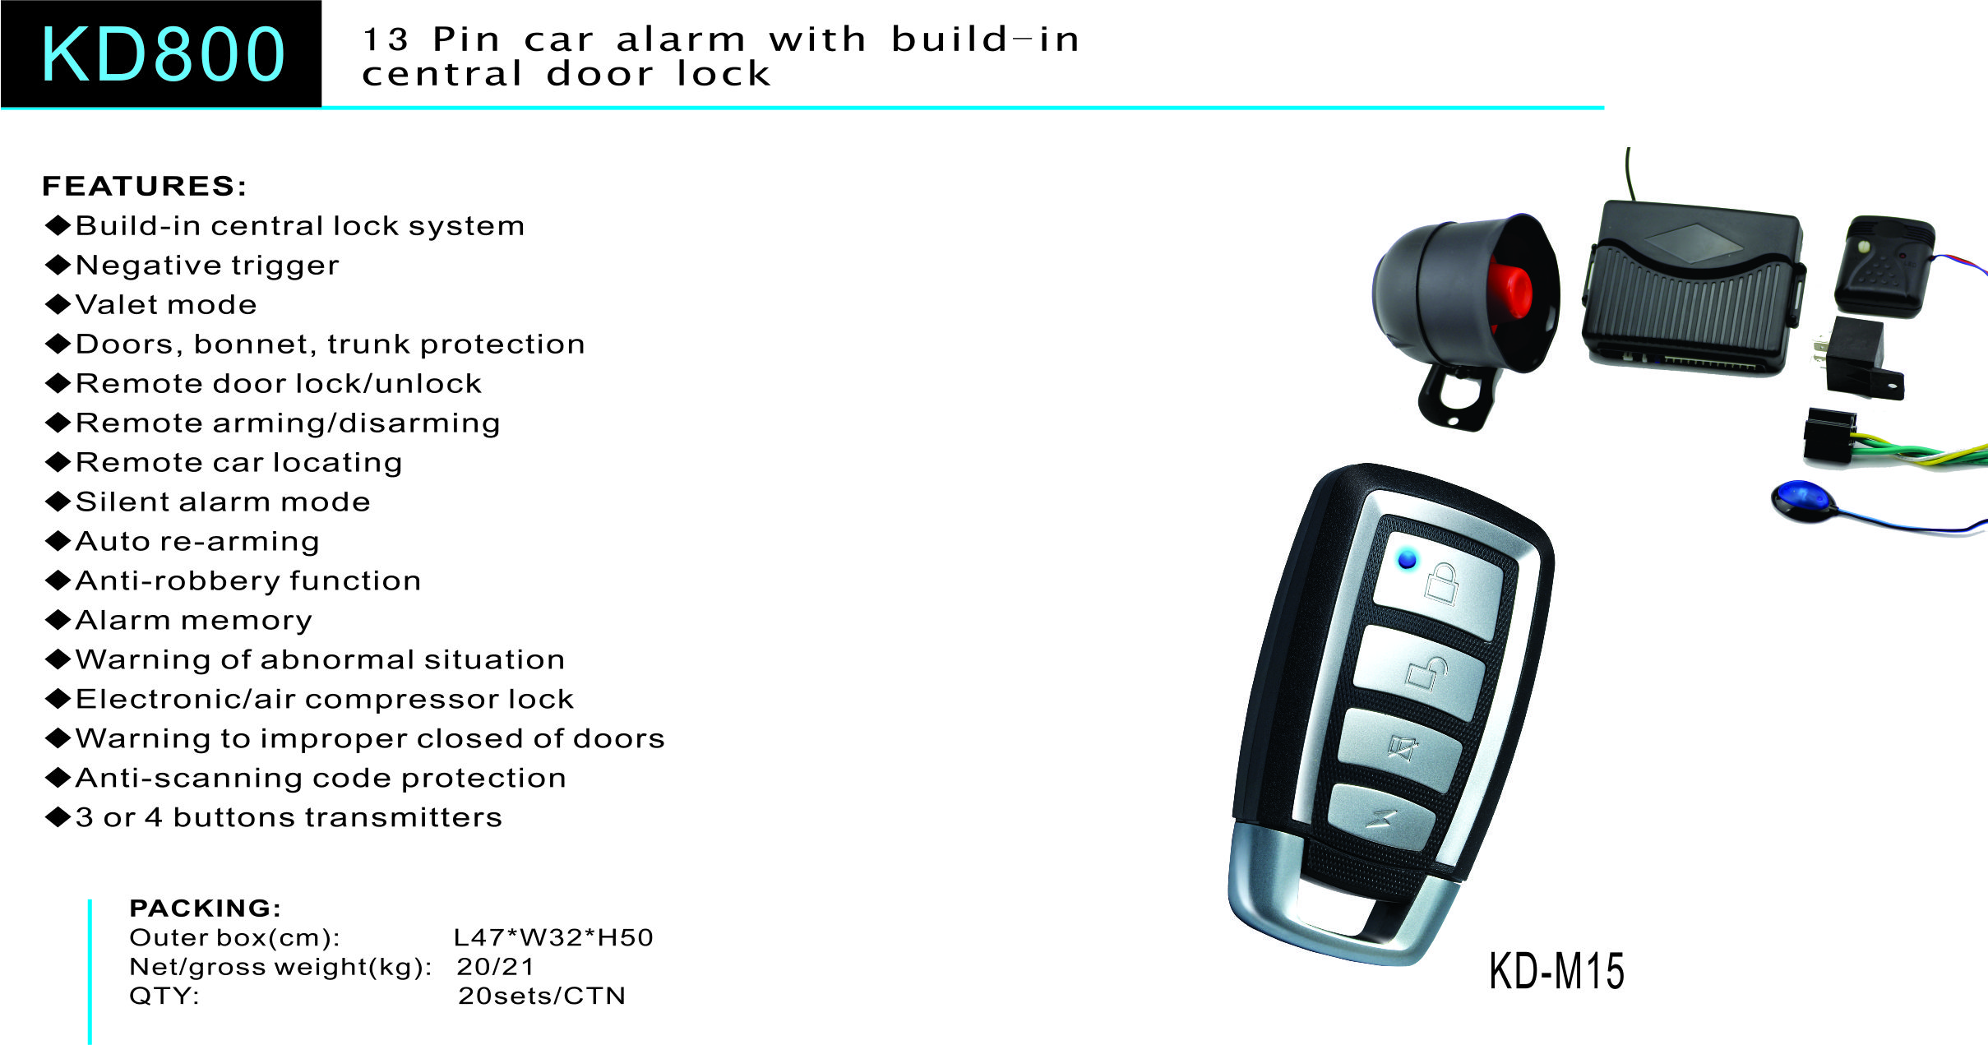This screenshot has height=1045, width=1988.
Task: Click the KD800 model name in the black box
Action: coord(162,54)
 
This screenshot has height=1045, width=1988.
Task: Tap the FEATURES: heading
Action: coord(145,187)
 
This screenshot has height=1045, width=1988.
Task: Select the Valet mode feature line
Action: coord(151,305)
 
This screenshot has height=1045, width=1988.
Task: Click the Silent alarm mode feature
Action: coord(208,502)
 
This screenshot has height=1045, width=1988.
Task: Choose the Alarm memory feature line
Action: coord(179,621)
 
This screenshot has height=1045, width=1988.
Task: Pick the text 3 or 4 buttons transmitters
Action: coord(289,817)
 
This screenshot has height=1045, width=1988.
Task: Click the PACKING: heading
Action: coord(206,908)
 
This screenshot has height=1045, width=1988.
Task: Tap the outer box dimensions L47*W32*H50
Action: coord(554,937)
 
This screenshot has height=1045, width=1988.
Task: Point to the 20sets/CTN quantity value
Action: coord(542,996)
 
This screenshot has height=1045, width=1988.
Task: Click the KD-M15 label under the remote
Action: coord(1556,971)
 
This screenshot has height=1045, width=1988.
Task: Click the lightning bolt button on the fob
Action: coord(1381,818)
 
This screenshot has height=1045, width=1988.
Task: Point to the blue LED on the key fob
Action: coord(1408,560)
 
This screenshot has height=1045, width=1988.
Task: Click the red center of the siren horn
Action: coord(1510,290)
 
